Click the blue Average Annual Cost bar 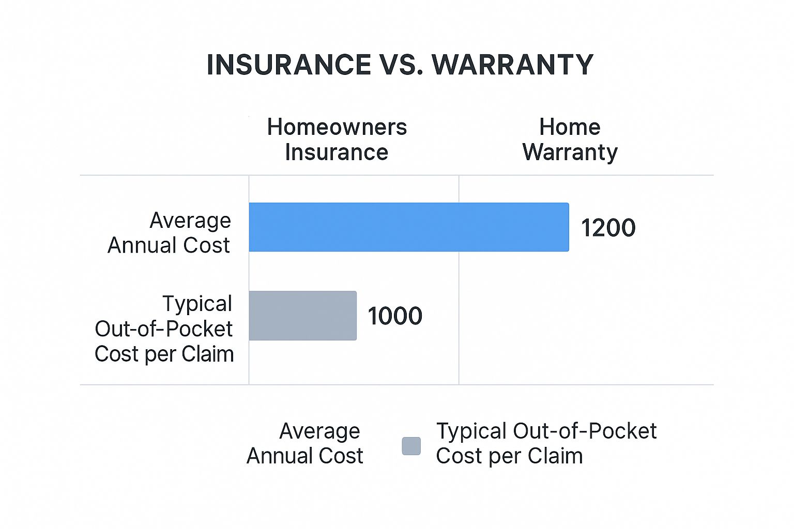tap(409, 227)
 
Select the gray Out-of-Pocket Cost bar tap(303, 316)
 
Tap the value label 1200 tap(608, 227)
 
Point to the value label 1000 tap(395, 316)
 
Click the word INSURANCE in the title tap(289, 65)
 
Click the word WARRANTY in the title tap(512, 65)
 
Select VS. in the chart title tap(401, 65)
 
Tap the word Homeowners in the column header tap(337, 127)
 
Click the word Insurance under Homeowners tap(337, 152)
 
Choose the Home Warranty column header tap(570, 140)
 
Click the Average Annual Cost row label tap(169, 233)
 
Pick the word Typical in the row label tap(197, 304)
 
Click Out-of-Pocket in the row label tap(163, 329)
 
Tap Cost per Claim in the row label tap(164, 353)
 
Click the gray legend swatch tap(411, 446)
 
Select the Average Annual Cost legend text tap(305, 443)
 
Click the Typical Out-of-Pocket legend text tap(546, 431)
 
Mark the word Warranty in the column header tap(570, 153)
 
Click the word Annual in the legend tap(279, 456)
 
